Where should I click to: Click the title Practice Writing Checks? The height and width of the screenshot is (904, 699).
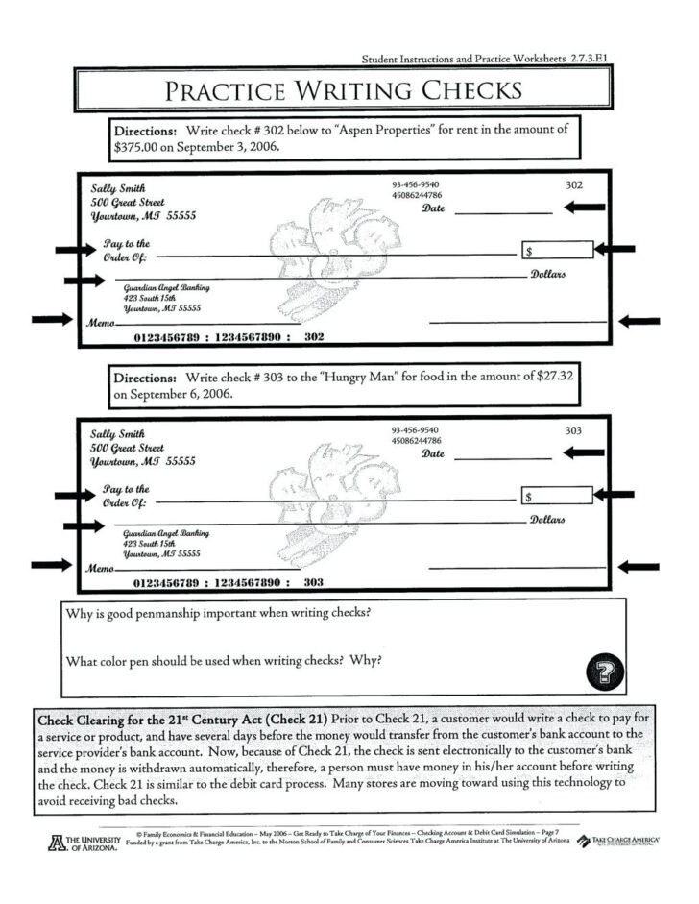pos(343,91)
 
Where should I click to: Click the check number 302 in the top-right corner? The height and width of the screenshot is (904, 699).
pos(574,184)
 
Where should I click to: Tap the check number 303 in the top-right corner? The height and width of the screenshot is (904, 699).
pos(574,430)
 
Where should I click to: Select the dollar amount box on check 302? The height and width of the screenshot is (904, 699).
pos(557,251)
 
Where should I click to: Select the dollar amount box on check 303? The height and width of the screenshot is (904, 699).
pos(557,497)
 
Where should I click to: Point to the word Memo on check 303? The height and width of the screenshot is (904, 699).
pos(101,569)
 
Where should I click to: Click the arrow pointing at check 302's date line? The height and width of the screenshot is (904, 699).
pos(584,207)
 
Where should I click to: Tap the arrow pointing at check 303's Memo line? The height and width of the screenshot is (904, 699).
pos(51,565)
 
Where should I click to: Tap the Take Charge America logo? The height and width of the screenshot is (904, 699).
pos(622,842)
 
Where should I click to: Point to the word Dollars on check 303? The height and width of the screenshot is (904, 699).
pos(547,520)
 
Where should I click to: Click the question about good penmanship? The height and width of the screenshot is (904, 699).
pos(218,613)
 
